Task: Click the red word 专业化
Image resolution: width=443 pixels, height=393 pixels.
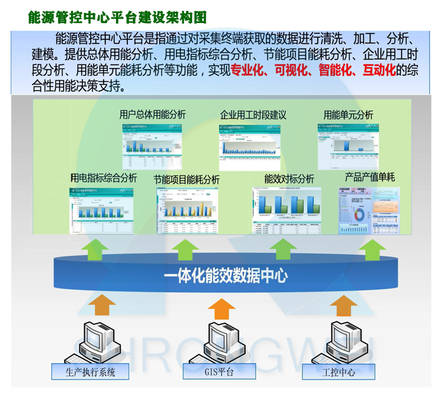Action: (x=248, y=71)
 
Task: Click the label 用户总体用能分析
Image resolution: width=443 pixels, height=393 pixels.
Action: (x=153, y=115)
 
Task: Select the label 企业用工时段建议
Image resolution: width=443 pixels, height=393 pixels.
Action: (x=253, y=115)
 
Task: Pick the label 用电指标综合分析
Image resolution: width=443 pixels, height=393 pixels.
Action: (x=103, y=178)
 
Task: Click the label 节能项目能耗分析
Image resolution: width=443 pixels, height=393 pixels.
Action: (x=186, y=180)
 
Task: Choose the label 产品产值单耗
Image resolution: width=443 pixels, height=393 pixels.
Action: (x=370, y=177)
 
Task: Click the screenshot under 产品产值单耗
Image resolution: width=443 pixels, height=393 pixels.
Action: (x=370, y=211)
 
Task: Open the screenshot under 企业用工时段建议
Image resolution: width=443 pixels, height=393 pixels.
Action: (x=249, y=148)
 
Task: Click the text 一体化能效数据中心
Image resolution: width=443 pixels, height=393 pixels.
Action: (x=226, y=276)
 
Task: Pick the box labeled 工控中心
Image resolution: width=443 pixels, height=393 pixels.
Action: (x=339, y=371)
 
